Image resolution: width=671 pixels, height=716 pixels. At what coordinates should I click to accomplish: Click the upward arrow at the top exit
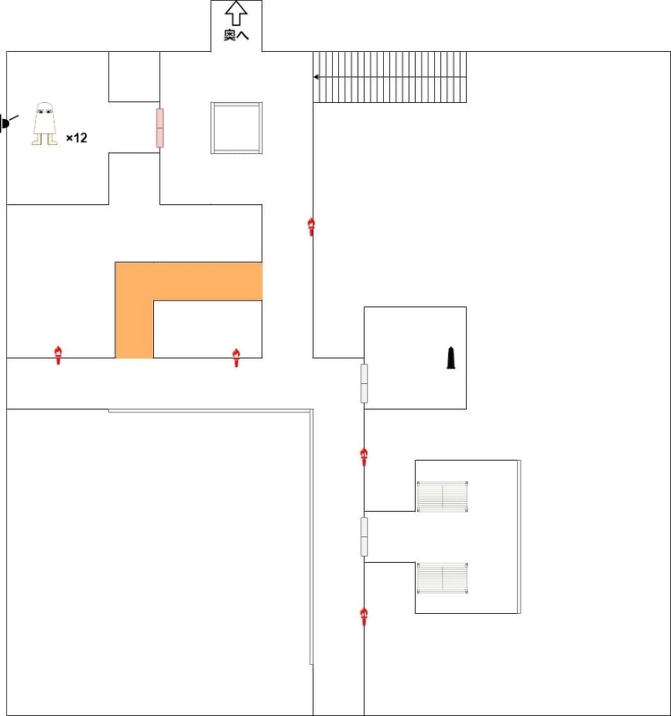click(x=236, y=13)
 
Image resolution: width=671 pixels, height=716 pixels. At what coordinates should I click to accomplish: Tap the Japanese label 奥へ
click(x=236, y=35)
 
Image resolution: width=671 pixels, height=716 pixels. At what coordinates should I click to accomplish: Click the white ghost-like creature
click(x=45, y=124)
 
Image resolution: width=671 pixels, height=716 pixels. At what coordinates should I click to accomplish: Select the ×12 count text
click(x=77, y=138)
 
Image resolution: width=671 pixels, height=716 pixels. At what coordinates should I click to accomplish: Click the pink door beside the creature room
click(x=160, y=128)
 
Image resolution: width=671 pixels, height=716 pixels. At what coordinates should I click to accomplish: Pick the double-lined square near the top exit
click(x=236, y=128)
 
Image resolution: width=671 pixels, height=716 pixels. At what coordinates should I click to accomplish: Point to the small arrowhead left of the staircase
click(x=316, y=77)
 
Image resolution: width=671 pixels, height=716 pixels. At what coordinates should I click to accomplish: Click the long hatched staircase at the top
click(x=390, y=77)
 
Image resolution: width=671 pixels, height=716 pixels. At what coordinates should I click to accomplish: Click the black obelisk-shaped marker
click(x=451, y=357)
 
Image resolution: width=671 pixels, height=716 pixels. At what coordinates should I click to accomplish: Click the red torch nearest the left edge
click(x=58, y=355)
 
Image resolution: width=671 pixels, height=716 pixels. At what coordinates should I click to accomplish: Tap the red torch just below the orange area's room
click(x=236, y=358)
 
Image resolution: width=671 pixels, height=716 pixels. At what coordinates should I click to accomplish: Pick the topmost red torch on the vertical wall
click(x=311, y=227)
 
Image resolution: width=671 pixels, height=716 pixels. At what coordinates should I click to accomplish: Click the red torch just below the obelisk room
click(x=364, y=457)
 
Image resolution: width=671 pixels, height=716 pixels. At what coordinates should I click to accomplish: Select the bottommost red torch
click(x=364, y=617)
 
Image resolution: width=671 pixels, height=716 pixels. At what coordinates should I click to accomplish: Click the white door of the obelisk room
click(x=364, y=384)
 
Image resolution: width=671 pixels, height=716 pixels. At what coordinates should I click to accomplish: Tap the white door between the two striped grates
click(x=364, y=537)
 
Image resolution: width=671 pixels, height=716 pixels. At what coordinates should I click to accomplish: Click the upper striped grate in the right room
click(x=442, y=497)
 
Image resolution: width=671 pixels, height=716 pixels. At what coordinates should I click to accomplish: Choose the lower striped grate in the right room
click(x=442, y=578)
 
